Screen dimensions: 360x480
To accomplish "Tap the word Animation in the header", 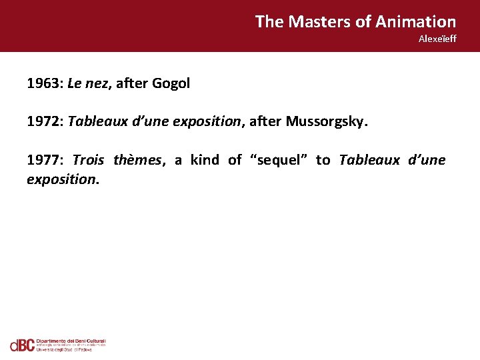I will [415, 21].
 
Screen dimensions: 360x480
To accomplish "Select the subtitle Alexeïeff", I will [437, 39].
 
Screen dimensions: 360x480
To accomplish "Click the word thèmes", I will [138, 160].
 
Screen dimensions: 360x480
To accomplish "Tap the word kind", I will [205, 160].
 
